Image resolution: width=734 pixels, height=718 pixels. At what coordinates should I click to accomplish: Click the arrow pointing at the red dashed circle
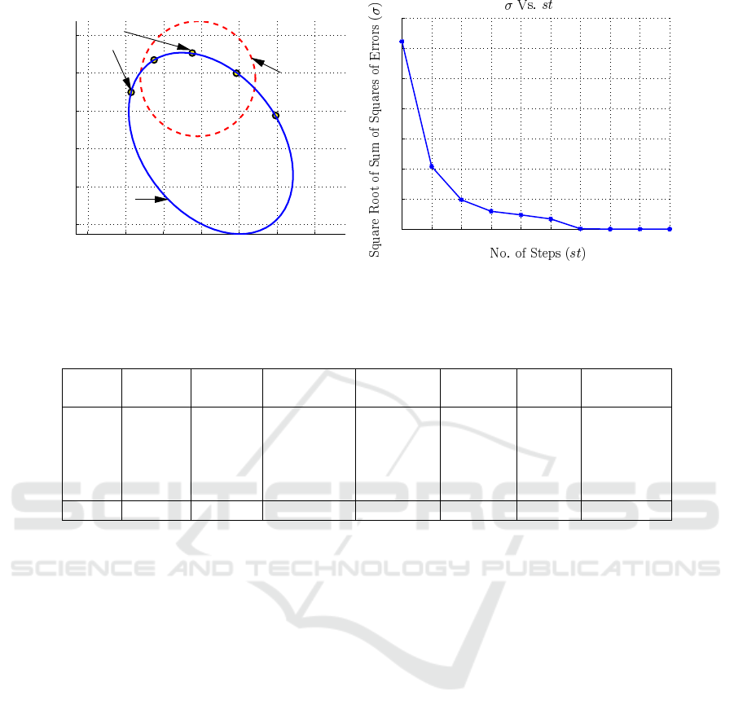266,66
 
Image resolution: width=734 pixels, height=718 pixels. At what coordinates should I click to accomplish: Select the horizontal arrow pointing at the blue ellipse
152,199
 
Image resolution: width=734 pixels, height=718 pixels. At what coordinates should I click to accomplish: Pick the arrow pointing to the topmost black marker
156,41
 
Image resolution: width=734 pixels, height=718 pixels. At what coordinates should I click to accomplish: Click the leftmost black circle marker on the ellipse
131,92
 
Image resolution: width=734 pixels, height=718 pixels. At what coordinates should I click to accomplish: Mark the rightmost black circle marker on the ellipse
275,115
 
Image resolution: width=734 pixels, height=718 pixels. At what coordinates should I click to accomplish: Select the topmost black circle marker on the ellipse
192,53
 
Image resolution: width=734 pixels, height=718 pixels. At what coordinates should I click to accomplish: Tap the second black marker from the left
154,59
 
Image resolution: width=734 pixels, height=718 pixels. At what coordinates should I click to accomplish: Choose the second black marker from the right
236,73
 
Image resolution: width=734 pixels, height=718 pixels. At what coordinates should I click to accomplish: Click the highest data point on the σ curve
402,42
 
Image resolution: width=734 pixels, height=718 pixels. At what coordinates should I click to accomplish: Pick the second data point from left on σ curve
432,167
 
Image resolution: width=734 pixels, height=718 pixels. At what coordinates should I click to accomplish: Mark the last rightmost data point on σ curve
670,229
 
